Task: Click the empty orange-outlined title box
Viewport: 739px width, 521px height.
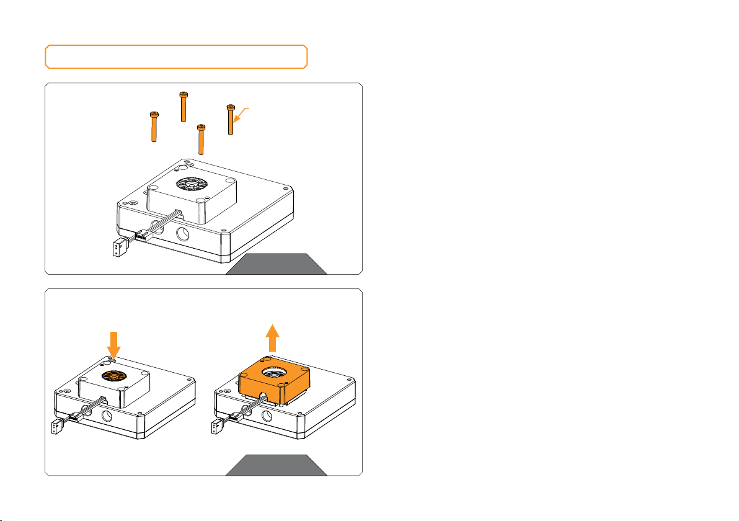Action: [x=176, y=56]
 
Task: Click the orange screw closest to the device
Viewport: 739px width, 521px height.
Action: [x=201, y=140]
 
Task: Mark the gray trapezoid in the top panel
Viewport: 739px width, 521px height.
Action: [x=276, y=263]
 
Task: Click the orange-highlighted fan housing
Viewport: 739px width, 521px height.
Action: [x=273, y=385]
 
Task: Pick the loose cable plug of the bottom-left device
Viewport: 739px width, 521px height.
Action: [x=55, y=427]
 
